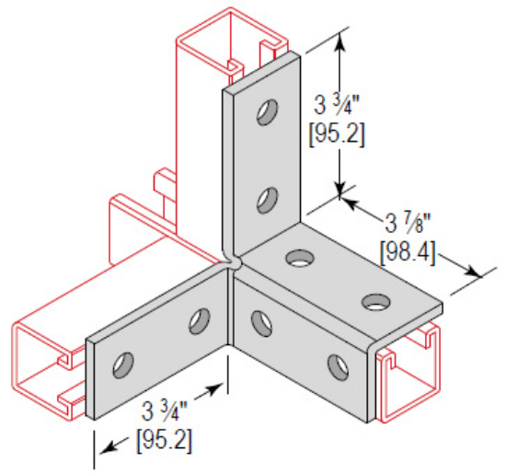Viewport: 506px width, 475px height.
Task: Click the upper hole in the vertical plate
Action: pos(266,113)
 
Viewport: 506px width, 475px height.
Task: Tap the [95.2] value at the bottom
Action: pos(166,440)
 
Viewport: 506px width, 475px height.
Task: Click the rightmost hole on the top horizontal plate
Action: pos(374,301)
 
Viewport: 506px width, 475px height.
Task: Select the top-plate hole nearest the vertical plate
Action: pos(298,259)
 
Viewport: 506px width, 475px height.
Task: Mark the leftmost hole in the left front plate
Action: pos(121,365)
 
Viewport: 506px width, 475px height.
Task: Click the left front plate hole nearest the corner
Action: pos(197,321)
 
